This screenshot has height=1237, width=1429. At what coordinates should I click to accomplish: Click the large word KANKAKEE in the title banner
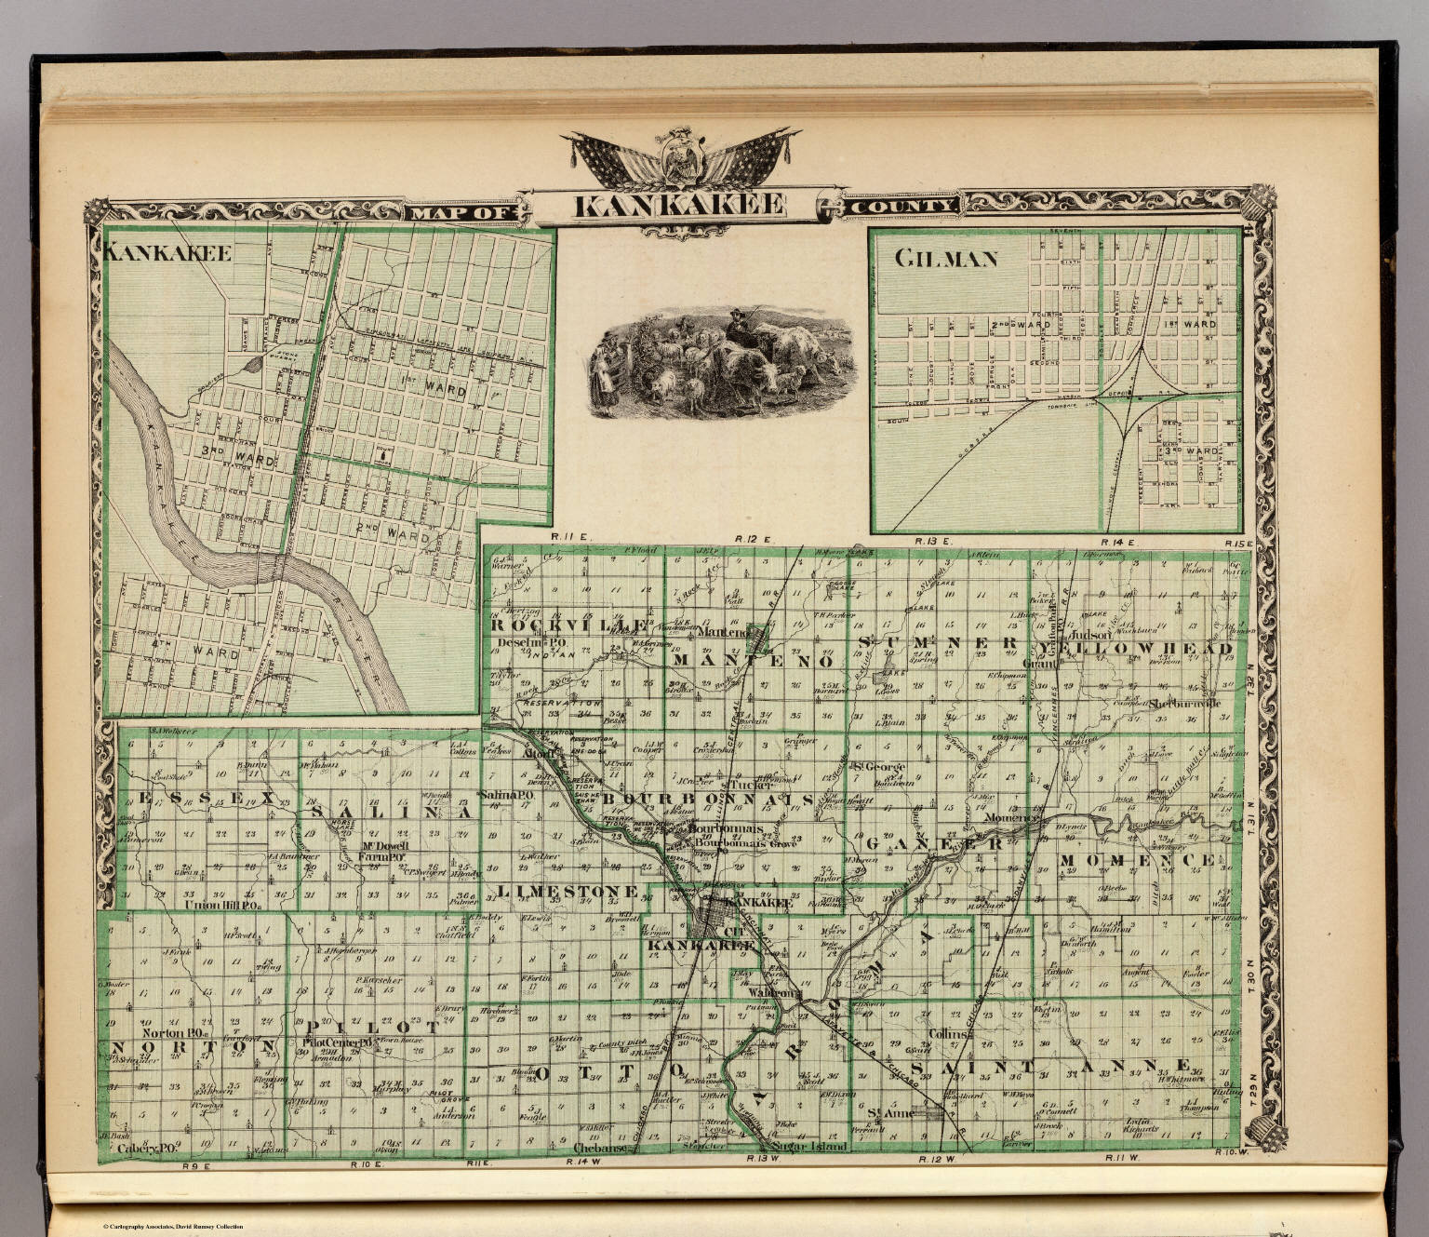click(678, 206)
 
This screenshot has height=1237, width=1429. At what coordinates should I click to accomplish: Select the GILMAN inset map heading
click(946, 259)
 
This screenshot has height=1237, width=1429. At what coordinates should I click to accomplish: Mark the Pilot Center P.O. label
click(337, 1043)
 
